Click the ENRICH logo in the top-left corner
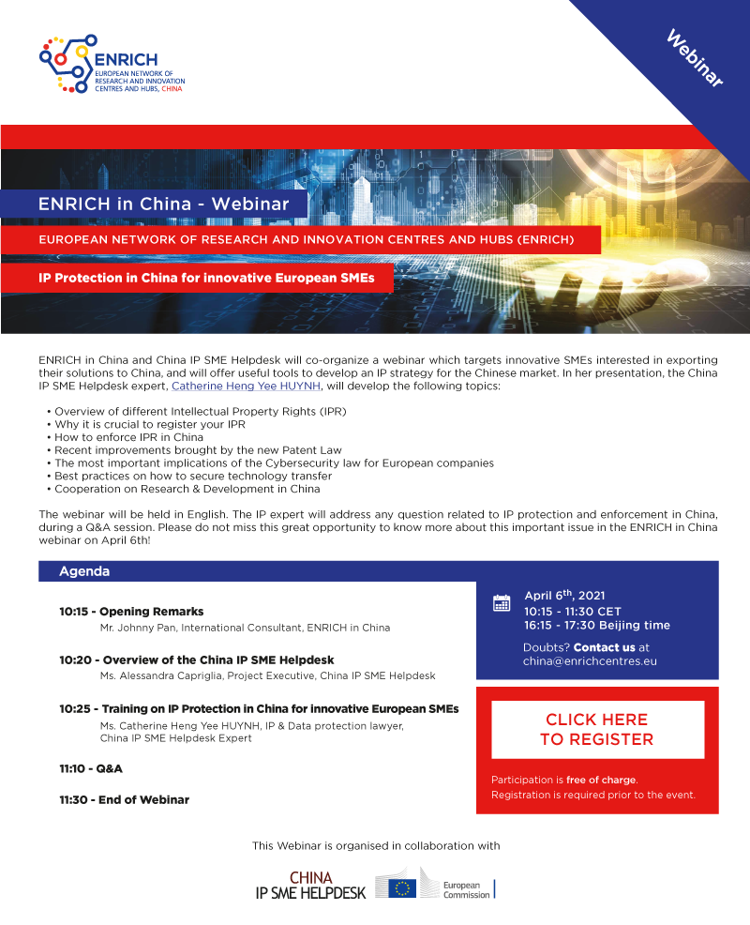[x=112, y=64]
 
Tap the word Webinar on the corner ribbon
[x=695, y=58]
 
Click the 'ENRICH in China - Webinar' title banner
[x=157, y=204]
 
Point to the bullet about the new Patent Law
[x=198, y=450]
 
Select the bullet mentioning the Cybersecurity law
[x=274, y=463]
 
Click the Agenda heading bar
[x=84, y=571]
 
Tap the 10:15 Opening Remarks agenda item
[x=131, y=612]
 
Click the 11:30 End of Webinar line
[x=124, y=800]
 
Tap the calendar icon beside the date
[x=502, y=603]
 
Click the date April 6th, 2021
[x=565, y=596]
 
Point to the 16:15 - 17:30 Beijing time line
[x=596, y=626]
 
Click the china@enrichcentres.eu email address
[x=590, y=661]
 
